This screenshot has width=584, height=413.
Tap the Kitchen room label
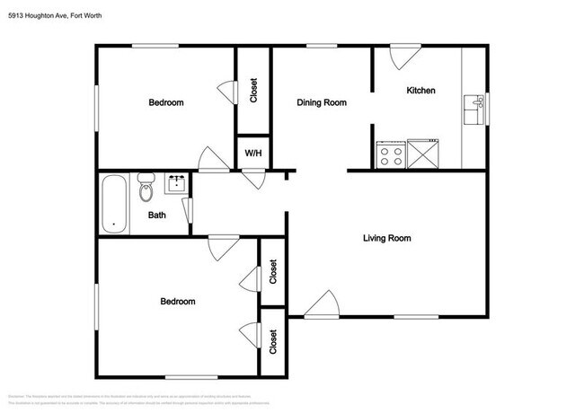pyautogui.click(x=420, y=91)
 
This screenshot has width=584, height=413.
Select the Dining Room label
pyautogui.click(x=322, y=103)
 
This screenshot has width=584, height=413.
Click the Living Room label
pyautogui.click(x=386, y=238)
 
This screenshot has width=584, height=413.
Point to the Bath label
pyautogui.click(x=156, y=215)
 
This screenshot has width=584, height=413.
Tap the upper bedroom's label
pyautogui.click(x=165, y=103)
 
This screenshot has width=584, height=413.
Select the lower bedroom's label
pyautogui.click(x=177, y=302)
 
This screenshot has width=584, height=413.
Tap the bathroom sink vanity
pyautogui.click(x=175, y=185)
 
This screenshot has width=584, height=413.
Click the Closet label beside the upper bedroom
pyautogui.click(x=254, y=90)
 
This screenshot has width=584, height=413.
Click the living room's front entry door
pyautogui.click(x=321, y=307)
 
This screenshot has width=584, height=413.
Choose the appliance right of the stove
pyautogui.click(x=422, y=154)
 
